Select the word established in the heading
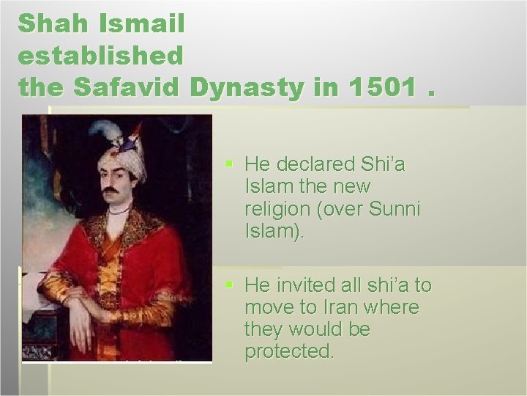point(101,55)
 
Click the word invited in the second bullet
point(303,284)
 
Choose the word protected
point(289,353)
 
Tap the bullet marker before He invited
point(231,285)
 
